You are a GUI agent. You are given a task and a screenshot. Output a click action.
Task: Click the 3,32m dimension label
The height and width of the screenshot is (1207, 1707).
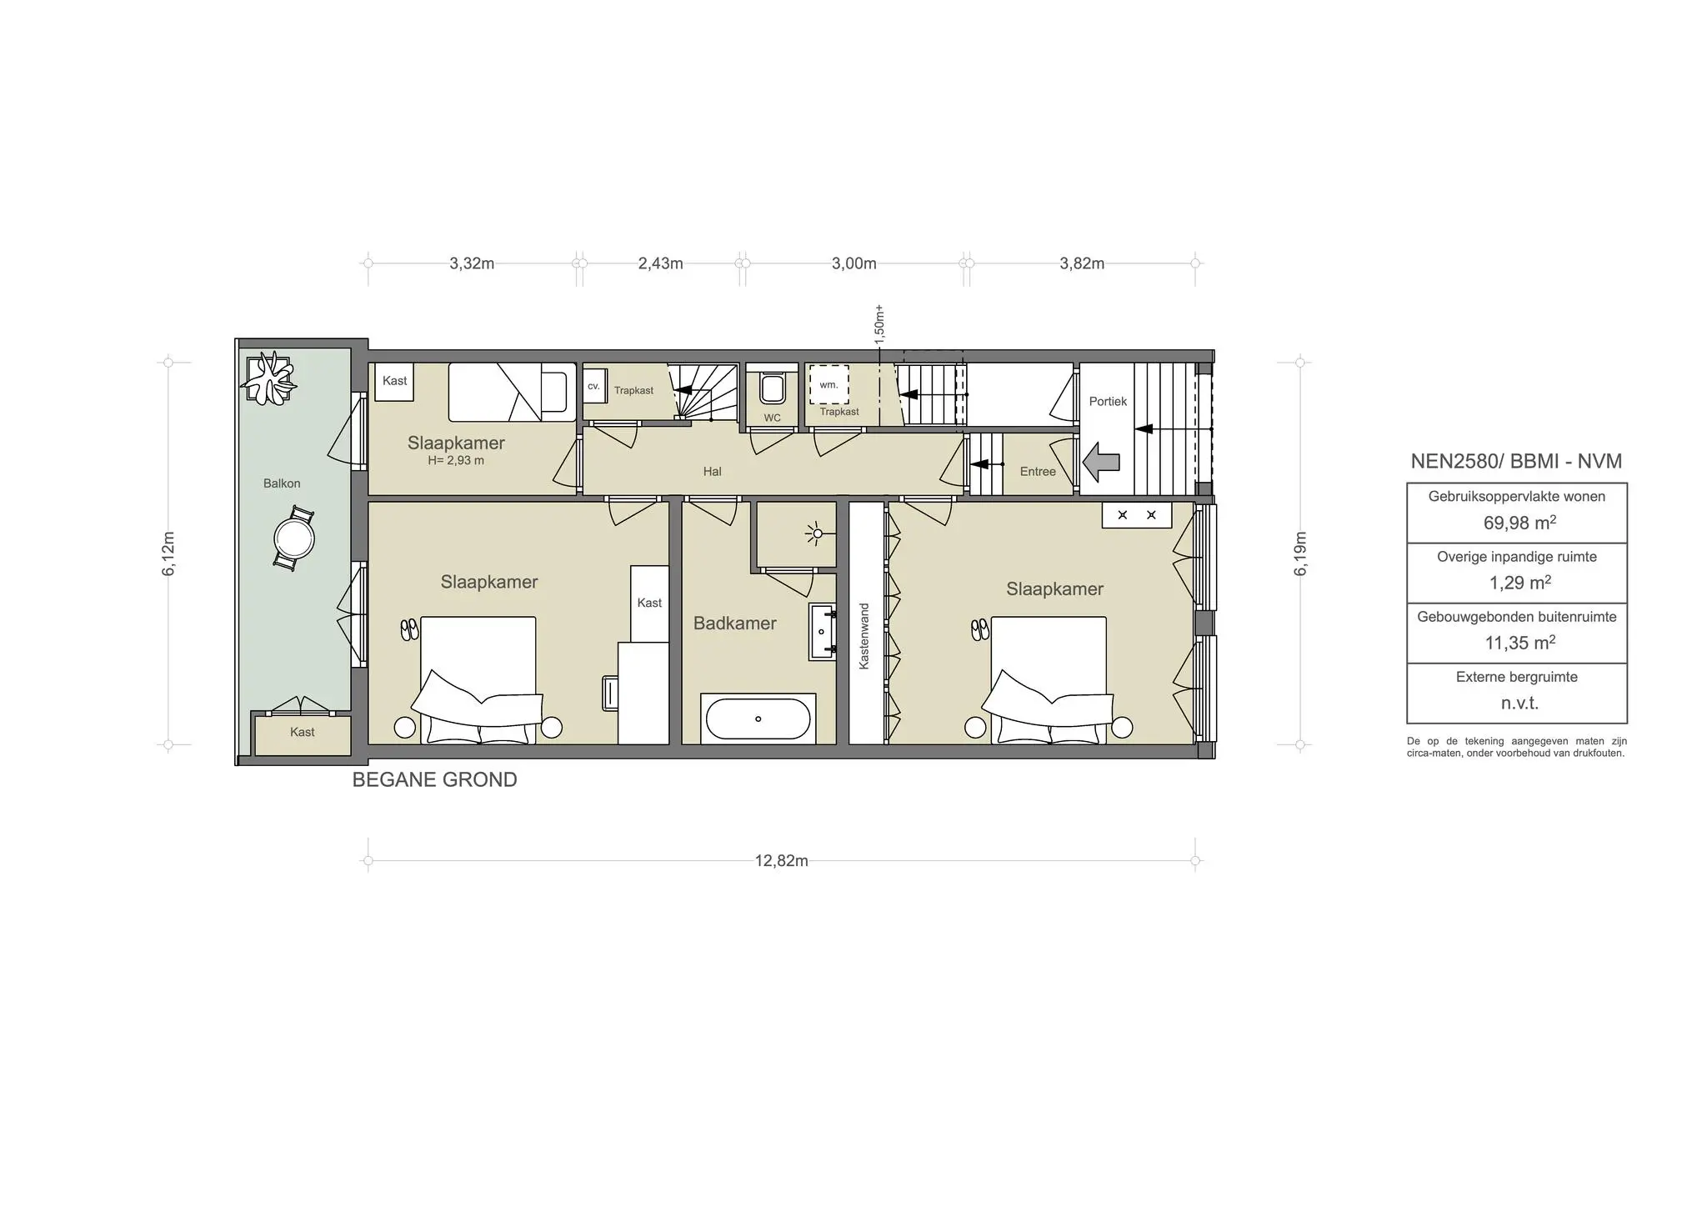tap(472, 263)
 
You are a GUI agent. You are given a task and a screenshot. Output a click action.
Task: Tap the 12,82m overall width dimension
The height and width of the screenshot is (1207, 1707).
tap(781, 861)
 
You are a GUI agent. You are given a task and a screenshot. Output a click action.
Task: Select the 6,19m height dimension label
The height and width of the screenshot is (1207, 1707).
tap(1301, 553)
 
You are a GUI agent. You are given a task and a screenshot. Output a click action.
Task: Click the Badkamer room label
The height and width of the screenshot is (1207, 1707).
tap(734, 624)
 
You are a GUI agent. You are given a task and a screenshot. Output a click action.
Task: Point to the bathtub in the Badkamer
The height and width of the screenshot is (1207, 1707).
tap(758, 718)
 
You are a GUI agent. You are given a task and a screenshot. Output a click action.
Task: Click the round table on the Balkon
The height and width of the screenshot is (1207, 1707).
tap(293, 539)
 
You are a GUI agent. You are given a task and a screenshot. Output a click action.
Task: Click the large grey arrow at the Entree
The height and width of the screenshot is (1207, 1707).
tap(1102, 462)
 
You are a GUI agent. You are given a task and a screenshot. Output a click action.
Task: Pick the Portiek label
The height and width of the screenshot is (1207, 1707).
tap(1107, 402)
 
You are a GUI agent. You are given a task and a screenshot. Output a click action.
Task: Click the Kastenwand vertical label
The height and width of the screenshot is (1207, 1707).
tap(864, 636)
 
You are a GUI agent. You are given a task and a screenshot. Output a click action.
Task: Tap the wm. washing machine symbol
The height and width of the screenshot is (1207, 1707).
tap(828, 385)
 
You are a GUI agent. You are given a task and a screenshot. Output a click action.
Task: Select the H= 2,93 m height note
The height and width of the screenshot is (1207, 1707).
tap(456, 460)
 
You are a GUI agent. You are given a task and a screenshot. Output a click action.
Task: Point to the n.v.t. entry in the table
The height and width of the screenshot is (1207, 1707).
tap(1519, 703)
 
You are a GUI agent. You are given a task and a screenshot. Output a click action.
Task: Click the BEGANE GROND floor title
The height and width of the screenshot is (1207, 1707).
tap(434, 779)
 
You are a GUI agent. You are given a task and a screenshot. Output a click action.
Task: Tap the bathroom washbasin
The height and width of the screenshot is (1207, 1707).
tap(822, 632)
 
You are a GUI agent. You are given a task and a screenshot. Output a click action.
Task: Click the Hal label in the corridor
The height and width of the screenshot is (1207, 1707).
tap(712, 472)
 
